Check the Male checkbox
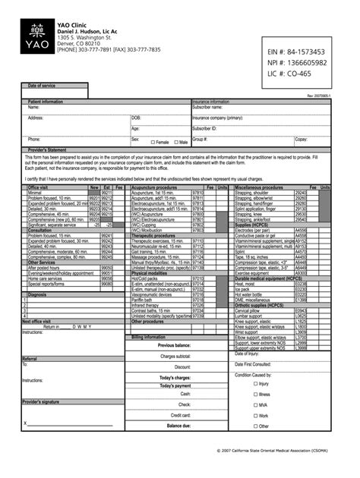click(175, 142)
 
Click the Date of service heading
click(43, 86)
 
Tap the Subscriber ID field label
click(205, 129)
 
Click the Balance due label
click(178, 426)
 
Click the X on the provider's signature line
click(24, 423)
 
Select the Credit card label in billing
click(181, 415)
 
